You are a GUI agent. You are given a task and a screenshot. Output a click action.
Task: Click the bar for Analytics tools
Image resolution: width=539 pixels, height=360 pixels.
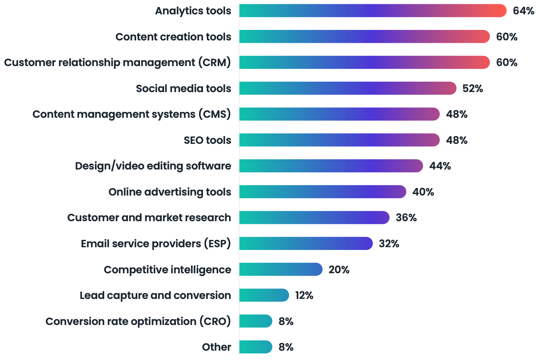(373, 11)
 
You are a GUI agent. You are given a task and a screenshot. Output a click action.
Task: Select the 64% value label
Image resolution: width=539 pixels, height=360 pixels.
(523, 11)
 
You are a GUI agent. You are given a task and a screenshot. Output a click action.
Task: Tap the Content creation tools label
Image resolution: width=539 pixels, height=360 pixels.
(173, 37)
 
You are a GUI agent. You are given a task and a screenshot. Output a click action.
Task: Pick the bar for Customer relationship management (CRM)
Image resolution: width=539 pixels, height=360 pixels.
(364, 63)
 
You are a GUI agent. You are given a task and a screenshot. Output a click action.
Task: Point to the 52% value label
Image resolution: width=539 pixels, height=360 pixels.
(472, 89)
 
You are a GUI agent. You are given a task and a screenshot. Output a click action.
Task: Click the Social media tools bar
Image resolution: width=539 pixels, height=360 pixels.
(347, 89)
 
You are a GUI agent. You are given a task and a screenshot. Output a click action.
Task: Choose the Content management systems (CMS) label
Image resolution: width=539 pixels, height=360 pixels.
(131, 114)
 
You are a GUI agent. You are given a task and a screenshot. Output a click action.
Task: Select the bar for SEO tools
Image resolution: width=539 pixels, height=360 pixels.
(339, 140)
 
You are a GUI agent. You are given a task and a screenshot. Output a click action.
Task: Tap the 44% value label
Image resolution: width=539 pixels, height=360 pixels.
(440, 166)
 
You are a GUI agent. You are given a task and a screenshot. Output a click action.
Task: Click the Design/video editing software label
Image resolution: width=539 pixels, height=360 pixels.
(153, 166)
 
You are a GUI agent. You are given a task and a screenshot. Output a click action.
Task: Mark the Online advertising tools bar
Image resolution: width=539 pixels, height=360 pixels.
(322, 192)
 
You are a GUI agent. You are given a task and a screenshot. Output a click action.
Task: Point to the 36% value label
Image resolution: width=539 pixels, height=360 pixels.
(406, 218)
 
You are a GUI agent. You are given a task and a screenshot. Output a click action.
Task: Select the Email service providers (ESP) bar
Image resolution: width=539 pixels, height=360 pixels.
(306, 244)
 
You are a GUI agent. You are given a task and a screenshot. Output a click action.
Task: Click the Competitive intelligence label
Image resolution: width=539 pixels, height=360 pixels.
(167, 270)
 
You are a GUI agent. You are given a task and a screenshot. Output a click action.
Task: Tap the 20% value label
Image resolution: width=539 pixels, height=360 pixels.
(339, 270)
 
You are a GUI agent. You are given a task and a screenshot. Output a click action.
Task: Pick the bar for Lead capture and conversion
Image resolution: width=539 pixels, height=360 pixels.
(264, 295)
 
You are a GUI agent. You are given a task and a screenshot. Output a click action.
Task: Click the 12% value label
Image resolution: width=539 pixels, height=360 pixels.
(304, 295)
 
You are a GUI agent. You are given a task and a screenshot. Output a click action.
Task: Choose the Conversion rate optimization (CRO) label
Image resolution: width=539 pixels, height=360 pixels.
(138, 322)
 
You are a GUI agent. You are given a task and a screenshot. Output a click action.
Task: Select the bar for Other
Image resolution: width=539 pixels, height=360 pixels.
(255, 347)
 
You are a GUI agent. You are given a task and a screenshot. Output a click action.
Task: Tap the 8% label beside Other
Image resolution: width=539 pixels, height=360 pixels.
(286, 347)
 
